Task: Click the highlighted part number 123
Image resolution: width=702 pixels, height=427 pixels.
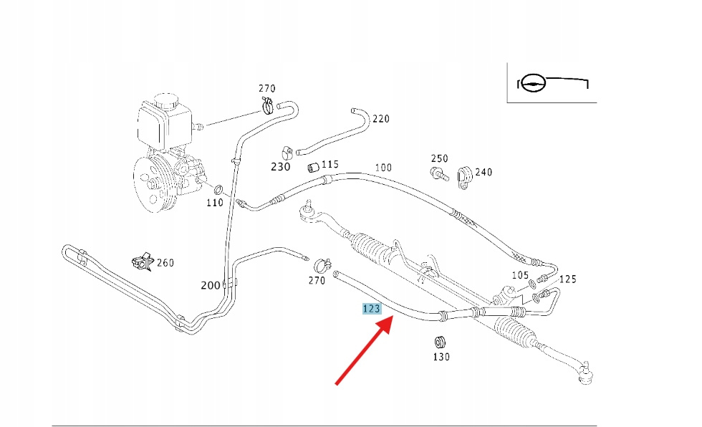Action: tap(372, 309)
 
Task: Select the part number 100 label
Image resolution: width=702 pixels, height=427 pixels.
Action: tap(383, 168)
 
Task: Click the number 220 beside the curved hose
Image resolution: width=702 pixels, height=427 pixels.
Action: tap(381, 118)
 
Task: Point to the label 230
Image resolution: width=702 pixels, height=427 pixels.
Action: tap(280, 167)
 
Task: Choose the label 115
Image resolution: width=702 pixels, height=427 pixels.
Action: tap(330, 164)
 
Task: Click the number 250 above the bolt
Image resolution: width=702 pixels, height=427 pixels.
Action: tap(439, 158)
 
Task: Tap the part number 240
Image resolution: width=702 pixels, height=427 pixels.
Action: tap(484, 172)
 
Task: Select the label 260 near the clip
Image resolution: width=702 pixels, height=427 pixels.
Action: tap(165, 263)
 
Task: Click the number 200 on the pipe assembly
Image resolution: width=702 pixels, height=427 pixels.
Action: tap(211, 285)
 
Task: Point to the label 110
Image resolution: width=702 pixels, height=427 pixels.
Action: tap(215, 203)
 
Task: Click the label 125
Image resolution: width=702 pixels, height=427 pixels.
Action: tap(568, 279)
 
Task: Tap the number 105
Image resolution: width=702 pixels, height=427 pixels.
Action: tap(520, 275)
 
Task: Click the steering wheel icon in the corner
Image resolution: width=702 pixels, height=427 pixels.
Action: tap(532, 83)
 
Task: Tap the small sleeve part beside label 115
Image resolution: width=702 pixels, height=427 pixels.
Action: tap(312, 168)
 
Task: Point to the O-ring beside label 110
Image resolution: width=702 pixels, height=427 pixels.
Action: tap(219, 191)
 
